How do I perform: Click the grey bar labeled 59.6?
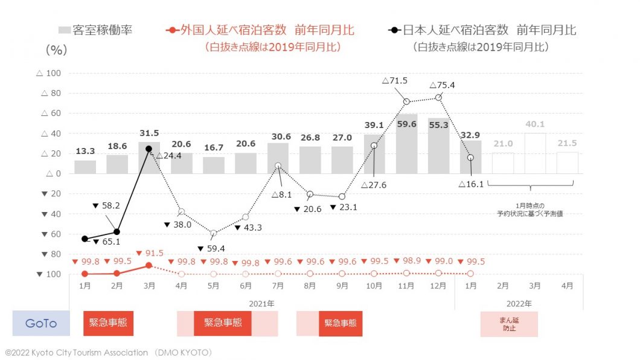coord(406,144)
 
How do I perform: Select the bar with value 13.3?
coord(85,167)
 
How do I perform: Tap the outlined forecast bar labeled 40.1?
coord(535,153)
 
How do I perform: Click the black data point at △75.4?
coord(438,97)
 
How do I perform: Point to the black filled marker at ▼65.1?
coord(85,239)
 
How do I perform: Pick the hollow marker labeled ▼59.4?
coord(213,233)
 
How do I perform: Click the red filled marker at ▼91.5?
coord(149,265)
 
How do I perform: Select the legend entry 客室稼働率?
coord(95,30)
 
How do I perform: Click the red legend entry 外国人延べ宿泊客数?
coord(260,30)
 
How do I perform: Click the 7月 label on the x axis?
coord(278,285)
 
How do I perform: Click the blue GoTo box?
coord(41,323)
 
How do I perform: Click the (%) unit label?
coord(56,50)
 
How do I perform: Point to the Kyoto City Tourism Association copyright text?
coord(108,352)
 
